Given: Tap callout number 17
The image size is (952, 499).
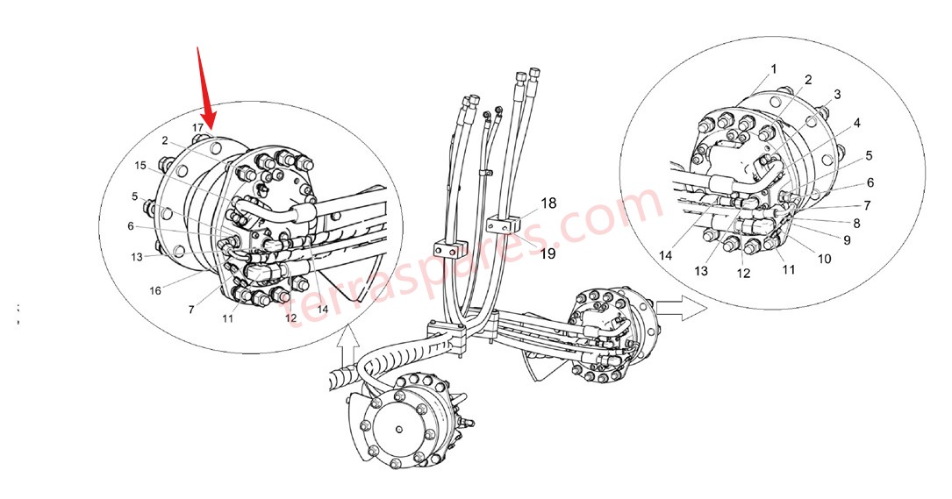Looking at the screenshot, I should coord(199,127).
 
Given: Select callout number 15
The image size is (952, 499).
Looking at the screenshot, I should coord(140,165).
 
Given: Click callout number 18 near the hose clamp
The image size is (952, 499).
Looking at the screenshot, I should coord(548,203).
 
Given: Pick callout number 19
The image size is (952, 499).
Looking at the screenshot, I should coord(548,254).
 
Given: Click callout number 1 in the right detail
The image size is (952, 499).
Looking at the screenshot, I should coord(774,68).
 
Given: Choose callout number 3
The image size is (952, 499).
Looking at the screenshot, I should coord(837,94).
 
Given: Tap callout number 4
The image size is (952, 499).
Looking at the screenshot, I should coord(855,123).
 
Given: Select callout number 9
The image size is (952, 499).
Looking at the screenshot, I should coord(847,239).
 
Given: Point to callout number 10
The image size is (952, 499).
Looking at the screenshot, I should coord(825,259).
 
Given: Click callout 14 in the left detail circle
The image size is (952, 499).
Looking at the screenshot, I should coord(322,309).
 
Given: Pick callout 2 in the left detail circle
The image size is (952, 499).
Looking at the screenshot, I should coord(164,140).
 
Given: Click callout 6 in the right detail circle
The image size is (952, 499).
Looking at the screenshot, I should coord(870,183).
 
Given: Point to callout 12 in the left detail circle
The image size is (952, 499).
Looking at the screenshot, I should coord(290,317).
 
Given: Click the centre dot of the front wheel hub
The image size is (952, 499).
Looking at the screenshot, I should coord(399,429).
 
